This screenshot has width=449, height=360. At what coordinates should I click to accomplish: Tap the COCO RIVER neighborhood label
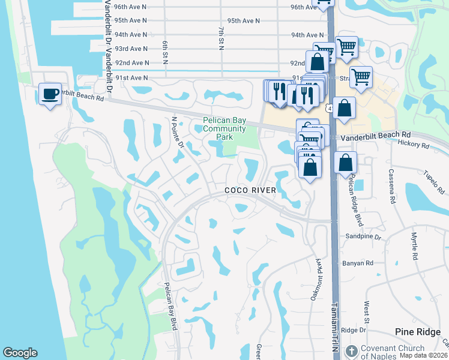tap(250, 190)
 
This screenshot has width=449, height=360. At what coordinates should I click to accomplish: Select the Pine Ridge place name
tap(419, 332)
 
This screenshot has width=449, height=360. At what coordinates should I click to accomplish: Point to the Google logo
tap(20, 353)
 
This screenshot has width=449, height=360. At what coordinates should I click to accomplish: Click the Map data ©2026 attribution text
tap(423, 355)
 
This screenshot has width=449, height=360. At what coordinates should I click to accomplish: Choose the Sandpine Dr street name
tap(363, 237)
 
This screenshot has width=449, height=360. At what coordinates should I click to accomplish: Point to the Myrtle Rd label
tap(414, 247)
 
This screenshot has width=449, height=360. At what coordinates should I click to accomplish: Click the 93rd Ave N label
tap(131, 49)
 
